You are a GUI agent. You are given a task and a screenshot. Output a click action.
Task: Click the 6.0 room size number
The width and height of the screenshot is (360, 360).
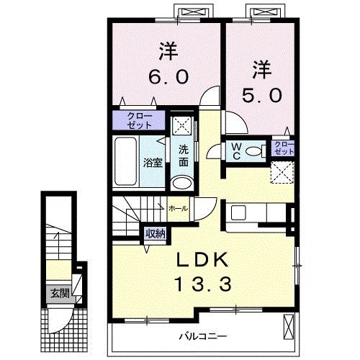tap(168, 76)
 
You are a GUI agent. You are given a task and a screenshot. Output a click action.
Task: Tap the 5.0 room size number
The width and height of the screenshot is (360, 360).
tap(261, 95)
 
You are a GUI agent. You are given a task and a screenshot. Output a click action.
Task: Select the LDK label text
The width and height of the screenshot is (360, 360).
tap(202, 260)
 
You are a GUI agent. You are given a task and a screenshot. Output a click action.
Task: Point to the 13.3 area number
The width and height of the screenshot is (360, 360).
tap(204, 284)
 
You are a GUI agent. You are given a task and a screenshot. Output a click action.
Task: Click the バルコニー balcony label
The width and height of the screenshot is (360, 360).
tap(203, 336)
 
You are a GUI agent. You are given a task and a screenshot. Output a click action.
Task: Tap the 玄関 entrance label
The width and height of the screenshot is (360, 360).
tap(60, 293)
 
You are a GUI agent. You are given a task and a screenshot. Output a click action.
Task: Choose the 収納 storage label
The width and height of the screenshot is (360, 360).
tap(156, 233)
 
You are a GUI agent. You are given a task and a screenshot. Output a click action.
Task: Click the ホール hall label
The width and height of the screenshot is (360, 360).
tap(179, 209)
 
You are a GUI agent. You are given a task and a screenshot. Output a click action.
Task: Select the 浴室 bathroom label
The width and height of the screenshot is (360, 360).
tap(153, 163)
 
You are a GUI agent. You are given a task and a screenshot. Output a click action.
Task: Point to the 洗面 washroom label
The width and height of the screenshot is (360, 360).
tap(184, 156)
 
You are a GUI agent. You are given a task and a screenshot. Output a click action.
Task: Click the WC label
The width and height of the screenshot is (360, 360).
tap(237, 151)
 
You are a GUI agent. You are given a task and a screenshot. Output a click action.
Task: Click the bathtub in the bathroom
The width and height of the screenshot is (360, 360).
tap(126, 161)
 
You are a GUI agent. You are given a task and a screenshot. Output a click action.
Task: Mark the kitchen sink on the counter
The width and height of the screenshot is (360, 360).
tap(238, 213)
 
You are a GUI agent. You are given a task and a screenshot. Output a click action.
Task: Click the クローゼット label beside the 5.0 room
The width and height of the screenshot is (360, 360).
tap(284, 148)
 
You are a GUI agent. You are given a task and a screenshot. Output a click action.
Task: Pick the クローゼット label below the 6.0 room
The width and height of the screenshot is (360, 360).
tap(140, 120)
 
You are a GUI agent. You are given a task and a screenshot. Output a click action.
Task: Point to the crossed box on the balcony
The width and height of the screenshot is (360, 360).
tap(288, 327)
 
